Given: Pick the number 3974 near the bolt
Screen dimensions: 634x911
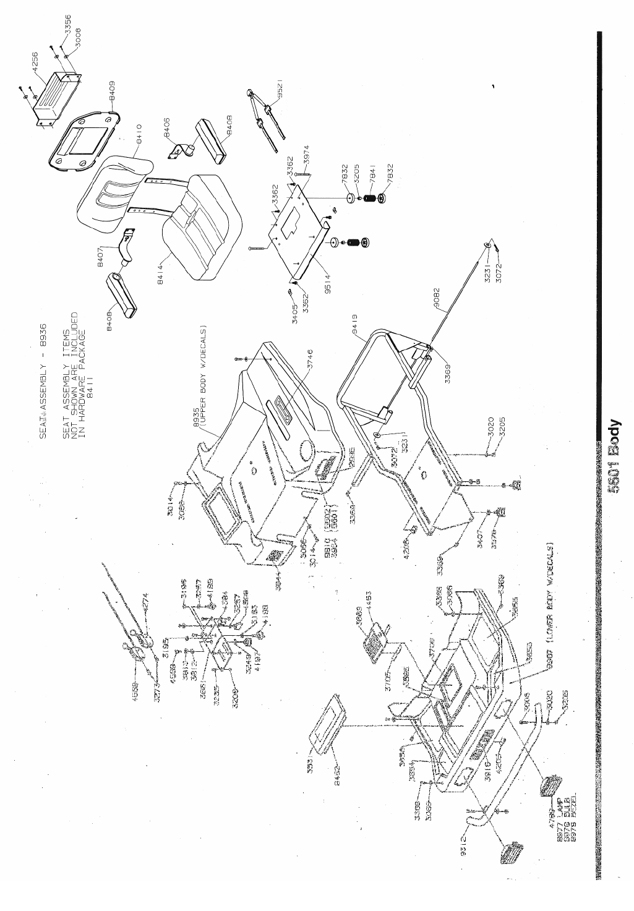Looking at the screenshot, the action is [x=307, y=156].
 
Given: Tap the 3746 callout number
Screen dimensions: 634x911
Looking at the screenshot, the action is [x=311, y=360].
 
